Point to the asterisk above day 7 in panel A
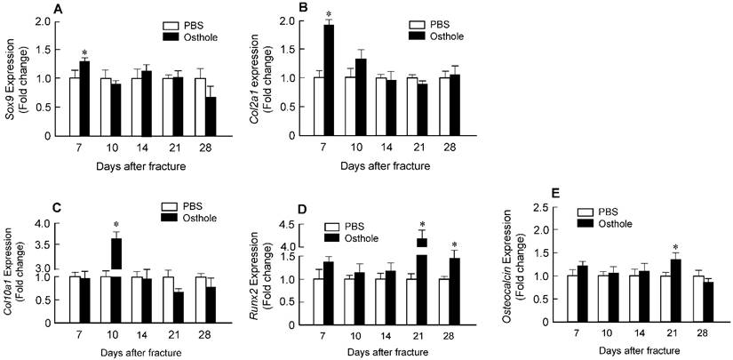click(x=85, y=53)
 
